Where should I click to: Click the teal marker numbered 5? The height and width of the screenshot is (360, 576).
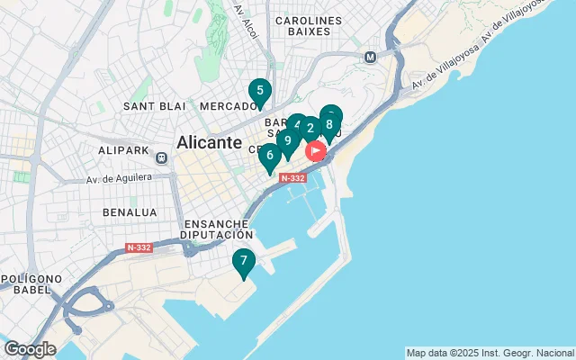pos(259,91)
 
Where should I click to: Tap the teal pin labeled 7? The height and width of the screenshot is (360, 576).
pos(243,261)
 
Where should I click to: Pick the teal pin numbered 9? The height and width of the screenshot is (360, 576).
pos(287,140)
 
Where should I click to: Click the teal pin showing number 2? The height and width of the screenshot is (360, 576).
pos(310,128)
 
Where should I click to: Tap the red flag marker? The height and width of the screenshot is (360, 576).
pos(316,150)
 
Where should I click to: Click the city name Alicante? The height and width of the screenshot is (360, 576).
pos(210,142)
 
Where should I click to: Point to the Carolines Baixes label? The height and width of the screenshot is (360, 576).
pos(309,26)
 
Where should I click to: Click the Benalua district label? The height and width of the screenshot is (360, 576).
pos(130,212)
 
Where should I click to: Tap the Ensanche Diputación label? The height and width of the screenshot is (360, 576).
pos(217,229)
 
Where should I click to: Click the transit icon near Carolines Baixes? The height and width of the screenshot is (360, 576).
pos(370,57)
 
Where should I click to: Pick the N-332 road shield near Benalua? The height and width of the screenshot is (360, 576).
pos(139,247)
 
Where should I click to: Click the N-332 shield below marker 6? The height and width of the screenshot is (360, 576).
pos(293,178)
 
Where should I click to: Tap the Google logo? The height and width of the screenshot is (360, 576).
pos(30,348)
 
